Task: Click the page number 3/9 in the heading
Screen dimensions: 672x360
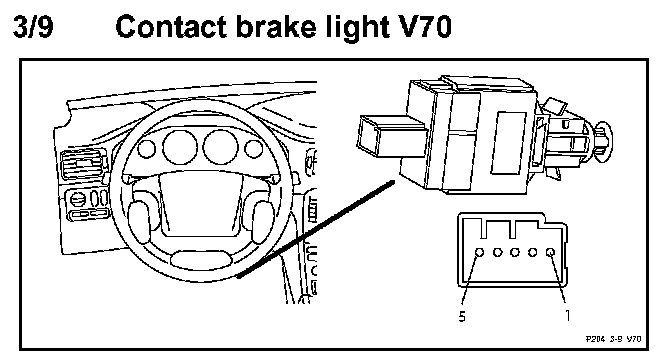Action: click(x=33, y=27)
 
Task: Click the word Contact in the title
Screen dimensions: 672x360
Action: click(x=172, y=27)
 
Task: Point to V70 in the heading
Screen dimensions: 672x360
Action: click(x=421, y=27)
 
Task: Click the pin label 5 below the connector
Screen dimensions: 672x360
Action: click(x=462, y=317)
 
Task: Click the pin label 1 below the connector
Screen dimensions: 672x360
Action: click(x=567, y=316)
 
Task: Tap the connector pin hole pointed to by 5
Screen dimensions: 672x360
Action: click(x=480, y=252)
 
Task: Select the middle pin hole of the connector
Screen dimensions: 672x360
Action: click(x=515, y=252)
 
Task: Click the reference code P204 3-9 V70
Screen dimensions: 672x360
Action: click(x=613, y=339)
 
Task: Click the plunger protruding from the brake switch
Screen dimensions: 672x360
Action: click(x=391, y=136)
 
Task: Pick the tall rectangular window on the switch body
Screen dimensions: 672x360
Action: click(x=508, y=143)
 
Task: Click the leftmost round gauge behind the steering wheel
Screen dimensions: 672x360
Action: click(x=147, y=148)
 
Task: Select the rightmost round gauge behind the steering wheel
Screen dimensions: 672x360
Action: click(x=254, y=148)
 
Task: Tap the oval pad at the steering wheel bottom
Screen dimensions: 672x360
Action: click(x=201, y=260)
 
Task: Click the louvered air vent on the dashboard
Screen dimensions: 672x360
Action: click(x=83, y=164)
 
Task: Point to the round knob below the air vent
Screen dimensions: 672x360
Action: click(x=78, y=200)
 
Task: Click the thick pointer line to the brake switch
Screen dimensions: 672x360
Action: click(x=316, y=229)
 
